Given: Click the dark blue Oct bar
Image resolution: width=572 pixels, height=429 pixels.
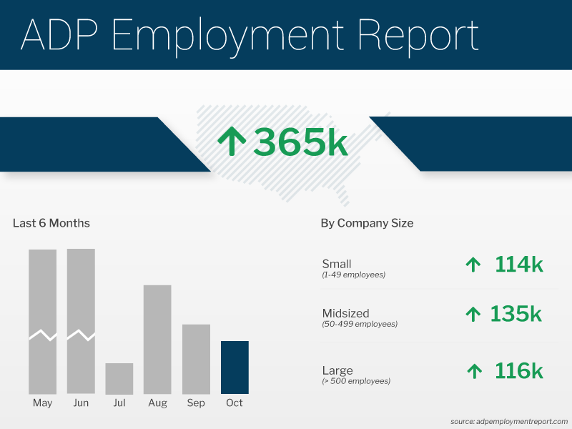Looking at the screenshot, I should click(235, 368).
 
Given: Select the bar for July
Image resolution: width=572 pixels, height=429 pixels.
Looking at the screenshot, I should click(119, 379).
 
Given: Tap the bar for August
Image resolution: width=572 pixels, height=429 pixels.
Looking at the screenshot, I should click(157, 340).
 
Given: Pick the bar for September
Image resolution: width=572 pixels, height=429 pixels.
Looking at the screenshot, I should click(196, 359).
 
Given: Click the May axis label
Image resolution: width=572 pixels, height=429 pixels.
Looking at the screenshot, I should click(42, 403).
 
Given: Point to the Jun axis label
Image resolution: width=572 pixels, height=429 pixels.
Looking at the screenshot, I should click(81, 403).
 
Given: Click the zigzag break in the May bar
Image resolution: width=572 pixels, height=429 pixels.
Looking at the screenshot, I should click(42, 335).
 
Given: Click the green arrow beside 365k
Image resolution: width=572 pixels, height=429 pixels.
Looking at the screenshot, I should click(232, 142).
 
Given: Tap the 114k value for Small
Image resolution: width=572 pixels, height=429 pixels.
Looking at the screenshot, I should click(519, 265).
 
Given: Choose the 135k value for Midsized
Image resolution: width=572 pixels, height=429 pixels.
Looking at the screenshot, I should click(516, 313).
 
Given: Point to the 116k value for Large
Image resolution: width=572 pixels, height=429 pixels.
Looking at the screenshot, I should click(519, 371).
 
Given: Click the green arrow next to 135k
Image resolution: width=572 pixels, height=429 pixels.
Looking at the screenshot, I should click(473, 313).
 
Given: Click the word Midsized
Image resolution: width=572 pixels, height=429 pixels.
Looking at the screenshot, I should click(345, 313).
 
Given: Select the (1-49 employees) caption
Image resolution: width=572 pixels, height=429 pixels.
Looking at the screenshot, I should click(354, 275).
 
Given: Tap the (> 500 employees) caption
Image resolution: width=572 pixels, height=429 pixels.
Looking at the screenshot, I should click(356, 381).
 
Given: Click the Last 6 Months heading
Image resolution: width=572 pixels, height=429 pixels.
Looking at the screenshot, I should click(51, 223).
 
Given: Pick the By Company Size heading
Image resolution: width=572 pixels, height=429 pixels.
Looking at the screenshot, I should click(367, 223).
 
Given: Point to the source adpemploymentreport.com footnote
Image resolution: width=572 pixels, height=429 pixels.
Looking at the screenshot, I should click(509, 421).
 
